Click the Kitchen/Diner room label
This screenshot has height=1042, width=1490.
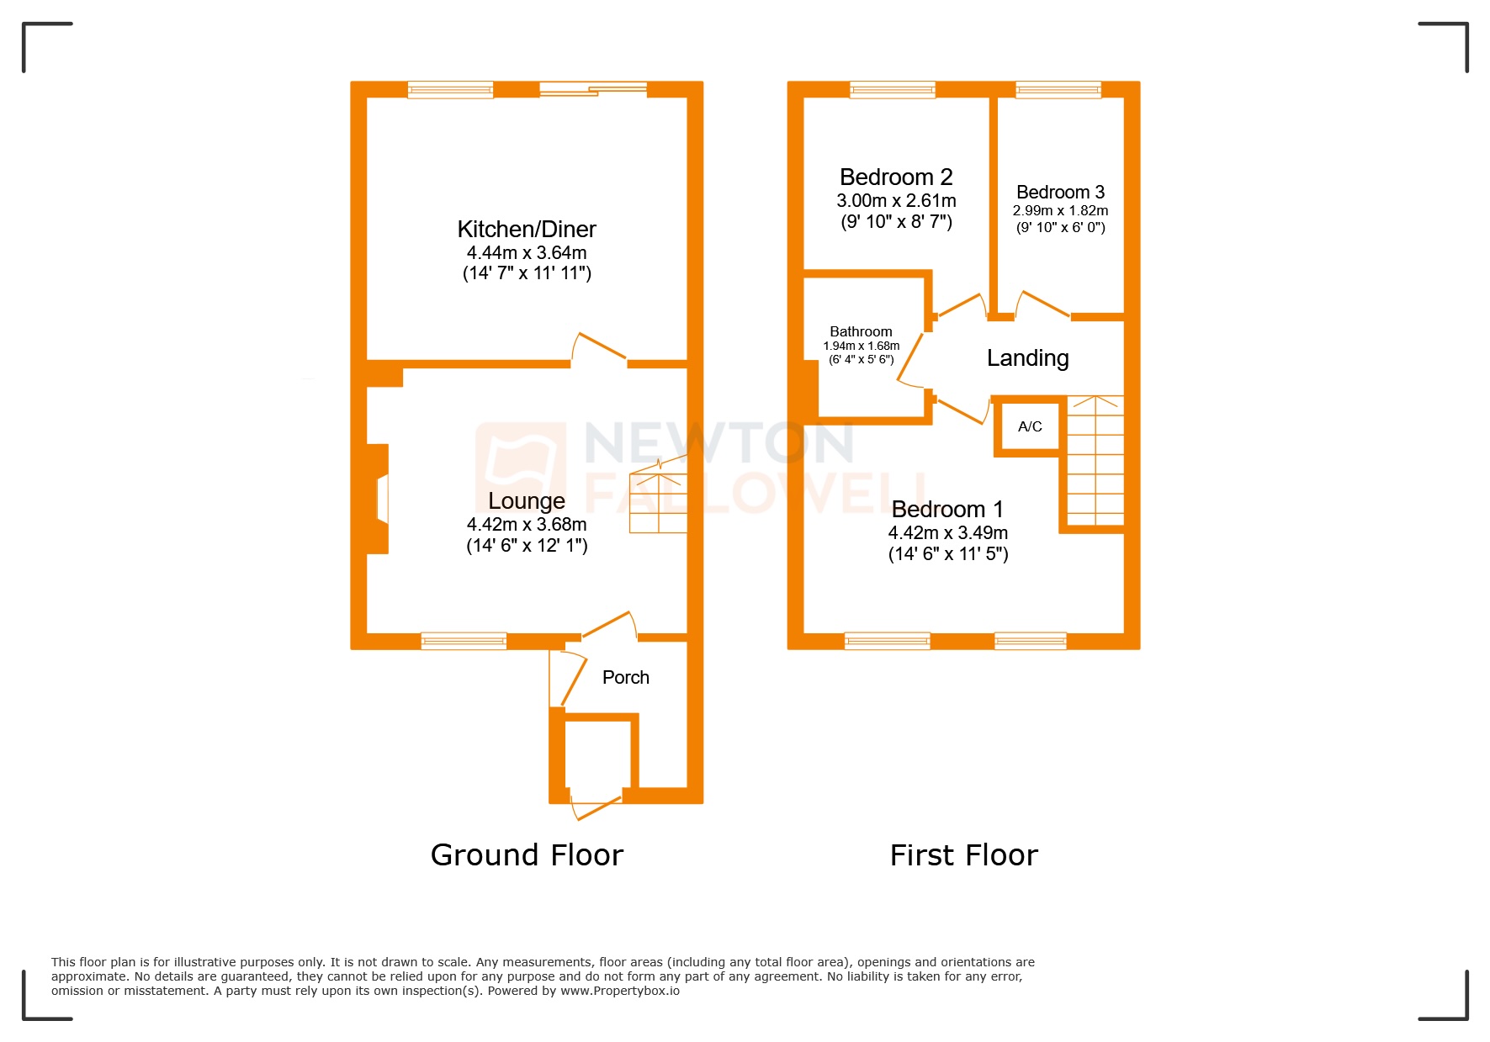527,229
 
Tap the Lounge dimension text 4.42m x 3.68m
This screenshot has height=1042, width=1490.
527,524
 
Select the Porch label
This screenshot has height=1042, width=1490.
625,677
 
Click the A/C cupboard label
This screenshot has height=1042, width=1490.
1030,426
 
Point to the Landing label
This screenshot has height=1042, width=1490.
1027,358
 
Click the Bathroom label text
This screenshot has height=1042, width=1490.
861,331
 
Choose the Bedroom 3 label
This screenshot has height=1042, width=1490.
1060,192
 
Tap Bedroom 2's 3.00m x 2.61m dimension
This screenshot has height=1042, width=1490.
896,200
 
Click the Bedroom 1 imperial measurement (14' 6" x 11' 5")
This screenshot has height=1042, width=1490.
948,553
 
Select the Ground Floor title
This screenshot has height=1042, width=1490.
527,854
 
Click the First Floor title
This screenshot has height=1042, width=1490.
963,854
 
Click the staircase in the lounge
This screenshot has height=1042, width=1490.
659,500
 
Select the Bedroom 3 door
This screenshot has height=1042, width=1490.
1043,304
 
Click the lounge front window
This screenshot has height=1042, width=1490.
464,641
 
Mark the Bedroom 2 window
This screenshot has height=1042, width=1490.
892,89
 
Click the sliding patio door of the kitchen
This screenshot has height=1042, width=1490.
593,89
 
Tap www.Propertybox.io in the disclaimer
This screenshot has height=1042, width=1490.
620,991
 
